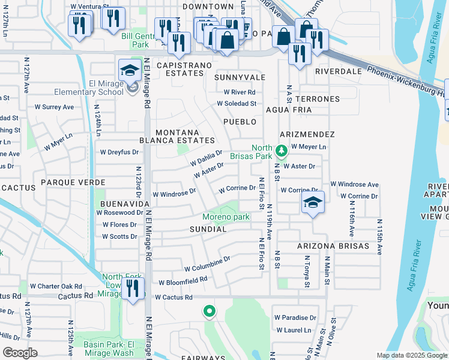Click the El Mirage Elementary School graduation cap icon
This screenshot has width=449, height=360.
pyautogui.click(x=129, y=71)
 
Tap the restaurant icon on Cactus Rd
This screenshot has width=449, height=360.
pyautogui.click(x=133, y=288)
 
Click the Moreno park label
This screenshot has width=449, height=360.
pyautogui.click(x=225, y=217)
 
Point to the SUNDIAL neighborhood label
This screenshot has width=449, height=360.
pyautogui.click(x=208, y=229)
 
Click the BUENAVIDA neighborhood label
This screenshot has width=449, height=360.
pyautogui.click(x=124, y=204)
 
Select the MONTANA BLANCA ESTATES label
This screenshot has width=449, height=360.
pyautogui.click(x=185, y=136)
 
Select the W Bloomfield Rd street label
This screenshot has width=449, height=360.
pyautogui.click(x=182, y=280)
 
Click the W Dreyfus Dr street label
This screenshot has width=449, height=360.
pyautogui.click(x=119, y=152)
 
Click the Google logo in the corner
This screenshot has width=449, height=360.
pyautogui.click(x=20, y=352)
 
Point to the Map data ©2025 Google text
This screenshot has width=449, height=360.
pyautogui.click(x=411, y=355)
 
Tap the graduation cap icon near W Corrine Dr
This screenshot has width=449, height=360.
pyautogui.click(x=313, y=203)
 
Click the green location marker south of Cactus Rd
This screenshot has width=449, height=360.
pyautogui.click(x=209, y=311)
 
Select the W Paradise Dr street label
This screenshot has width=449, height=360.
pyautogui.click(x=295, y=317)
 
